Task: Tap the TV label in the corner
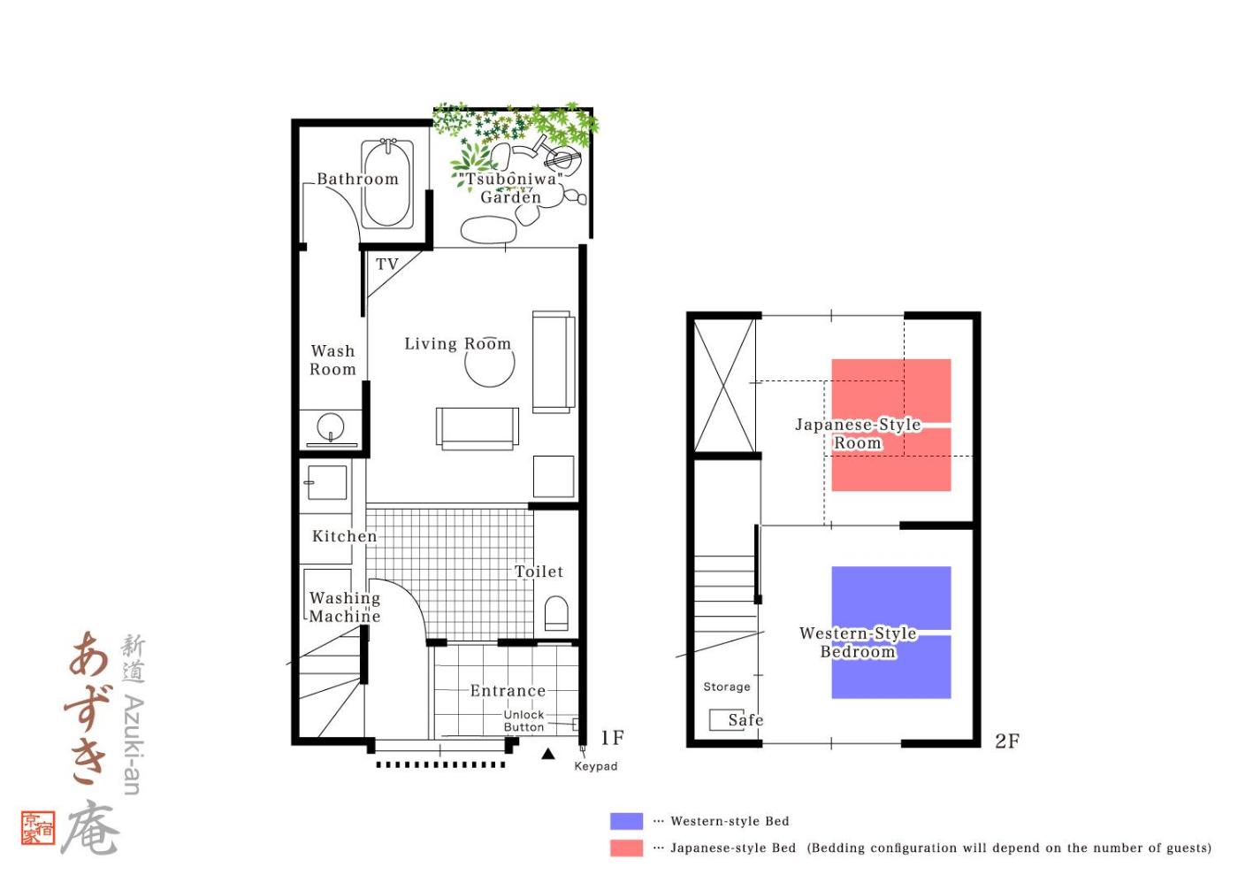[x=387, y=264]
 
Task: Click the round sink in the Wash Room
[x=331, y=426]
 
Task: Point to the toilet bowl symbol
[x=556, y=613]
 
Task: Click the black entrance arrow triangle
[x=547, y=753]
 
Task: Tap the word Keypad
[x=596, y=766]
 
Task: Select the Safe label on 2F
[x=745, y=719]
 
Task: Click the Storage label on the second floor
[x=727, y=687]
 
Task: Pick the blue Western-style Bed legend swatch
[x=626, y=821]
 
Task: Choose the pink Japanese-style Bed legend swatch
[x=626, y=848]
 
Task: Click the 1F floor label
[x=612, y=737]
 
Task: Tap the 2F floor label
[x=1007, y=741]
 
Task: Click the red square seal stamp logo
[x=38, y=828]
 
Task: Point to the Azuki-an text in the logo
[x=133, y=745]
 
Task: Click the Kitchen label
[x=344, y=536]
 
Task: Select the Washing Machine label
[x=345, y=607]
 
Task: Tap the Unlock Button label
[x=523, y=721]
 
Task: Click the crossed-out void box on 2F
[x=724, y=386]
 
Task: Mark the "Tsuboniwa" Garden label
[x=511, y=188]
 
